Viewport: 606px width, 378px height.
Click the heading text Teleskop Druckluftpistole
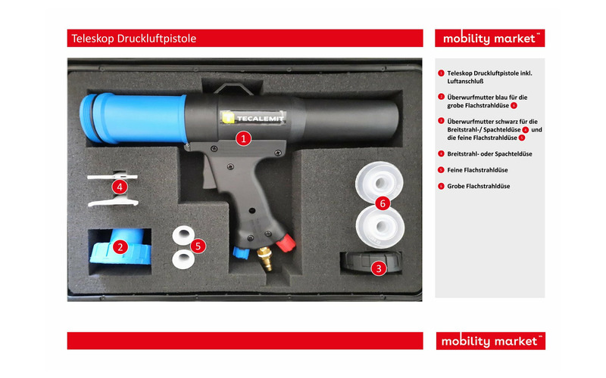[134, 39]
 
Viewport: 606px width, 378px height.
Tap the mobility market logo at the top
[489, 39]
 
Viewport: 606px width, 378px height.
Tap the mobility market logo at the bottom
[490, 341]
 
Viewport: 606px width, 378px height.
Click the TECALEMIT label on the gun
[254, 118]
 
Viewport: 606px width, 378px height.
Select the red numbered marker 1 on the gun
[243, 138]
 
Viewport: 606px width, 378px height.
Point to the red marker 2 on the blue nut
[120, 247]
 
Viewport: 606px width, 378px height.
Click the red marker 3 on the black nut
[379, 268]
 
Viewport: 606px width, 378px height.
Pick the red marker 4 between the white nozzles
[120, 187]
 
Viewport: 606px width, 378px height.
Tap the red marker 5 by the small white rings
[198, 246]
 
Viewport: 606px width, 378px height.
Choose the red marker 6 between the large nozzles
[383, 203]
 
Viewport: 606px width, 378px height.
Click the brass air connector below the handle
[265, 258]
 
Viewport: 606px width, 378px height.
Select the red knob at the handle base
[286, 243]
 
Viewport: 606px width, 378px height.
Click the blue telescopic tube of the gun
[133, 118]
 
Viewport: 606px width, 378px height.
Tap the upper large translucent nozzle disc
[380, 181]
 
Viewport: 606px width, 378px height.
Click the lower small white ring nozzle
[183, 259]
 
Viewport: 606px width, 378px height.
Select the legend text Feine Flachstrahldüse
[477, 170]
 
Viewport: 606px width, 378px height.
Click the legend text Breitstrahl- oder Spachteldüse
[489, 154]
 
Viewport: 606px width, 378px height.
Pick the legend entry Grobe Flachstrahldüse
[479, 186]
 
